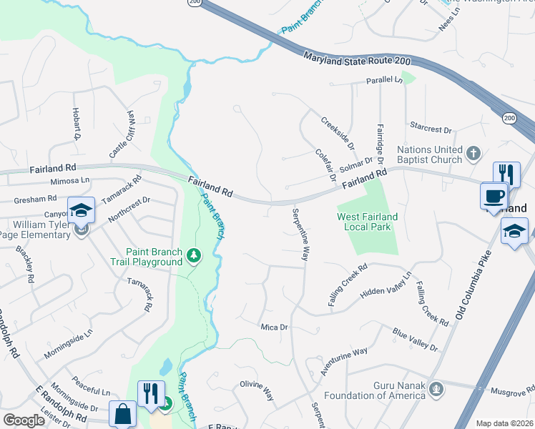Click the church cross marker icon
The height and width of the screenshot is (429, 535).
point(472,152)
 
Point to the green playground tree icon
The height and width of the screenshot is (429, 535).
point(193,255)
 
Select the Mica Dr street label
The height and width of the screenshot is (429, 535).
point(273,327)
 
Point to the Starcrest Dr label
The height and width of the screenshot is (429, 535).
point(431,129)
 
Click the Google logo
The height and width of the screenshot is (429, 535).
point(24,420)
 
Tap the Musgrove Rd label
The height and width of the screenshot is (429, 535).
point(513,391)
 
